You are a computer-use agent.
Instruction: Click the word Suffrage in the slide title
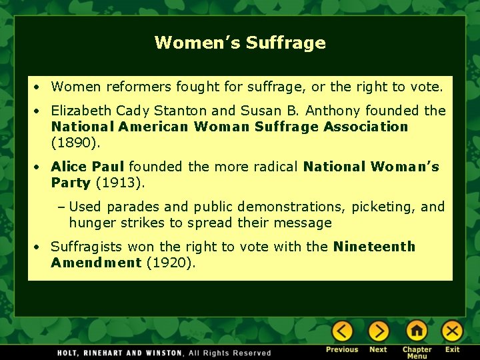pyautogui.click(x=285, y=43)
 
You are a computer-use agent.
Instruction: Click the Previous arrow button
pyautogui.click(x=342, y=331)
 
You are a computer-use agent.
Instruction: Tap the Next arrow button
pyautogui.click(x=378, y=331)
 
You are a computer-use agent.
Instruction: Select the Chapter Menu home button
pyautogui.click(x=417, y=331)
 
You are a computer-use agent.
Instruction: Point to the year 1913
pyautogui.click(x=120, y=183)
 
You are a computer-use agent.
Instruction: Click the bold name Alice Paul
pyautogui.click(x=87, y=167)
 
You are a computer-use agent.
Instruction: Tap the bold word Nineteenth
pyautogui.click(x=374, y=247)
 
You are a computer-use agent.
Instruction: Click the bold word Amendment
pyautogui.click(x=96, y=263)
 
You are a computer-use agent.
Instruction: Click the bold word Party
pyautogui.click(x=71, y=183)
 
